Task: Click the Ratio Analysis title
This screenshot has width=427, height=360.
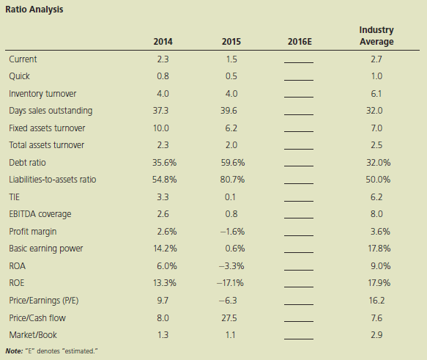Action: [34, 10]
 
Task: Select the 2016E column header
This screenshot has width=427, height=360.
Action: [300, 42]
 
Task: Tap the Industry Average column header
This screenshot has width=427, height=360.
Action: [376, 36]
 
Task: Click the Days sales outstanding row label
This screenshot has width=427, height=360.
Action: [51, 111]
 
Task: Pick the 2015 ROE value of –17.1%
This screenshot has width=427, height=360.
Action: [230, 283]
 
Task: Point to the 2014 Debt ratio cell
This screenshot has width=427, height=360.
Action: [164, 163]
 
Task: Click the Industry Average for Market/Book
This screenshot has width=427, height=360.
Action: [376, 335]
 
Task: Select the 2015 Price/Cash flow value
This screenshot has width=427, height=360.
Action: [229, 318]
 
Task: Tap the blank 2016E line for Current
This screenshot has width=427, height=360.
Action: [299, 62]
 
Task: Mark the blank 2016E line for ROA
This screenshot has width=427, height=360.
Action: [299, 270]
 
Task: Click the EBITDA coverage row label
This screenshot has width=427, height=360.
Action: [40, 214]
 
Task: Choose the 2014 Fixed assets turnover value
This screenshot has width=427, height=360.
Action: [161, 128]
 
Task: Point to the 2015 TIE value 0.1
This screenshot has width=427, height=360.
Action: [230, 197]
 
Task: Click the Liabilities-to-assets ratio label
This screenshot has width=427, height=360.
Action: [53, 180]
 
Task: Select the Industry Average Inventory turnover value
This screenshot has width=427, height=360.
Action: [376, 94]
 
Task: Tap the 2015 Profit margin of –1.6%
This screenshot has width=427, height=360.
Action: [232, 232]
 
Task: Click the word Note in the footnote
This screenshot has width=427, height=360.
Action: [14, 351]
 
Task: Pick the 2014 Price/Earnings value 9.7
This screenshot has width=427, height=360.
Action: [163, 301]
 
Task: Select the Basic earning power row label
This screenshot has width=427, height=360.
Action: [45, 249]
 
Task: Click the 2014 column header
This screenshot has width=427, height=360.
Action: [163, 42]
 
